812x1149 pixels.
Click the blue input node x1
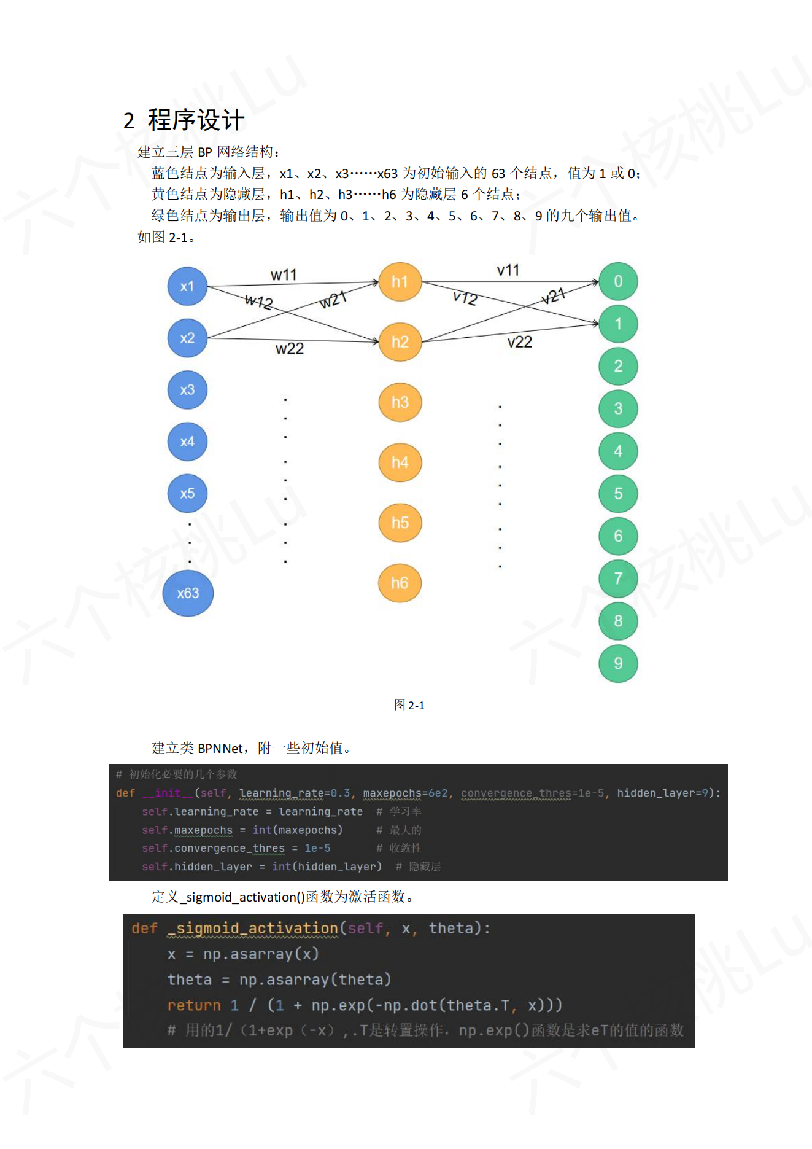pyautogui.click(x=187, y=286)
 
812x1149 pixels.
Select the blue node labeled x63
pyautogui.click(x=188, y=593)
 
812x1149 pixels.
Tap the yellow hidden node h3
pyautogui.click(x=400, y=402)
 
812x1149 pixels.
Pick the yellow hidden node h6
pyautogui.click(x=400, y=583)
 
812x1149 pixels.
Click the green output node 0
pyautogui.click(x=618, y=281)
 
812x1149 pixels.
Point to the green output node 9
pyautogui.click(x=618, y=663)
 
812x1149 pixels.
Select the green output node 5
pyautogui.click(x=618, y=494)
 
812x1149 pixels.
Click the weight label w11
pyautogui.click(x=284, y=275)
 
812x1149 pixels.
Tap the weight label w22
pyautogui.click(x=290, y=349)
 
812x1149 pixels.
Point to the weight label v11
pyautogui.click(x=508, y=270)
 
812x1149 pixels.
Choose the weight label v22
pyautogui.click(x=519, y=342)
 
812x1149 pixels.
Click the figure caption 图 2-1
pyautogui.click(x=409, y=705)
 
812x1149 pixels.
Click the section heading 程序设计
pyautogui.click(x=196, y=120)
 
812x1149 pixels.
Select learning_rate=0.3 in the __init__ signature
pyautogui.click(x=295, y=793)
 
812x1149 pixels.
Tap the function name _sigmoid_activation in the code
pyautogui.click(x=253, y=928)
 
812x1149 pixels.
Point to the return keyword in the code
pyautogui.click(x=194, y=1005)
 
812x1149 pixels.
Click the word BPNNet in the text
pyautogui.click(x=220, y=748)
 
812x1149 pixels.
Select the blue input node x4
pyautogui.click(x=187, y=442)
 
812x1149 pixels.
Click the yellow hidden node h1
pyautogui.click(x=400, y=282)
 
